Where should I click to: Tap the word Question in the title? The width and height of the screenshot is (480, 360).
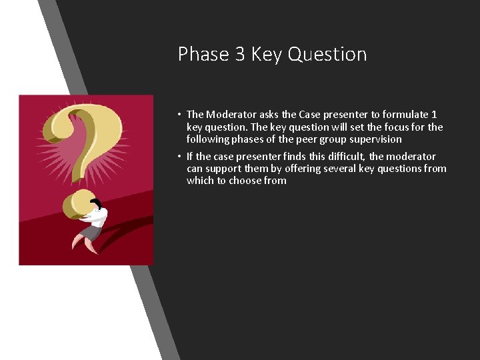[x=327, y=54]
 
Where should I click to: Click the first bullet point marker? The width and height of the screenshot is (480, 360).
[x=180, y=115]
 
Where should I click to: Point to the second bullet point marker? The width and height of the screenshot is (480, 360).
[x=180, y=157]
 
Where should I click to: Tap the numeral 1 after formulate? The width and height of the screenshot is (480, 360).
[x=434, y=115]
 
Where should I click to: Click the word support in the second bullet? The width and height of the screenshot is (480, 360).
[x=226, y=169]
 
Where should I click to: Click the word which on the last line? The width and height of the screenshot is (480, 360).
[x=200, y=181]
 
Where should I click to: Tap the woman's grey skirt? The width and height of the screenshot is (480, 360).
[x=91, y=233]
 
